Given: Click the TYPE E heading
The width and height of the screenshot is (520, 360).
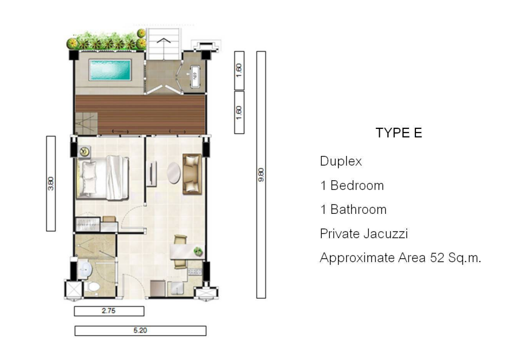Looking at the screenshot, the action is coord(399,133).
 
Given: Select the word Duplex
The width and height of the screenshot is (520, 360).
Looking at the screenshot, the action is coord(341,161).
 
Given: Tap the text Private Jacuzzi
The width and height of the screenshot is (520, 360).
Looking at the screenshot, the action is coord(364,234).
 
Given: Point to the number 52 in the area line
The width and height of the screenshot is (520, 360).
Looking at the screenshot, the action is coord(437,258).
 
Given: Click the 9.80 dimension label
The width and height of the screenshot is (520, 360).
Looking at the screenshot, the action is coord(261,175).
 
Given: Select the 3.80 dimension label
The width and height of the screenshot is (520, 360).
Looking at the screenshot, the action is coord(51,184).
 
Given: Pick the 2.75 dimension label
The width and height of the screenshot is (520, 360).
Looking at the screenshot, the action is coord(109,311).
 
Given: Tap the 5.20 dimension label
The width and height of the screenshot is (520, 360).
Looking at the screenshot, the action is coord(140,331).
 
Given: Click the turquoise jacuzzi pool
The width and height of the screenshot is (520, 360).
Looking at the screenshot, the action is coord(110,70).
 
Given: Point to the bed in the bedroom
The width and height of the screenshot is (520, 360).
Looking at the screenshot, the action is coord(102,178).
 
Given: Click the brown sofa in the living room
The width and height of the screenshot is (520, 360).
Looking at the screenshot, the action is coord(192,174).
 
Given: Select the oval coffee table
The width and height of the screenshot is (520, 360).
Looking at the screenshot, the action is coord(174,173).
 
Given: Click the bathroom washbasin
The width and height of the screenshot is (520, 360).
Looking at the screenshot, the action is coord(85,270).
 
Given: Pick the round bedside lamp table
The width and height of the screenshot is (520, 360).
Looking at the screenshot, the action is coord(85,152).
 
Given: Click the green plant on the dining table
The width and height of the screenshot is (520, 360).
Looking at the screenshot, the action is coord(198,252).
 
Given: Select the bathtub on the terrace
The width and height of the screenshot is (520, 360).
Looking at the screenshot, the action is coord(194,76).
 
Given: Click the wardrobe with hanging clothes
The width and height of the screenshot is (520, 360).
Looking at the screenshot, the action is coord(88,225).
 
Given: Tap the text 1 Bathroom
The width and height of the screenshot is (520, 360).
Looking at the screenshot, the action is coord(353,210).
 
